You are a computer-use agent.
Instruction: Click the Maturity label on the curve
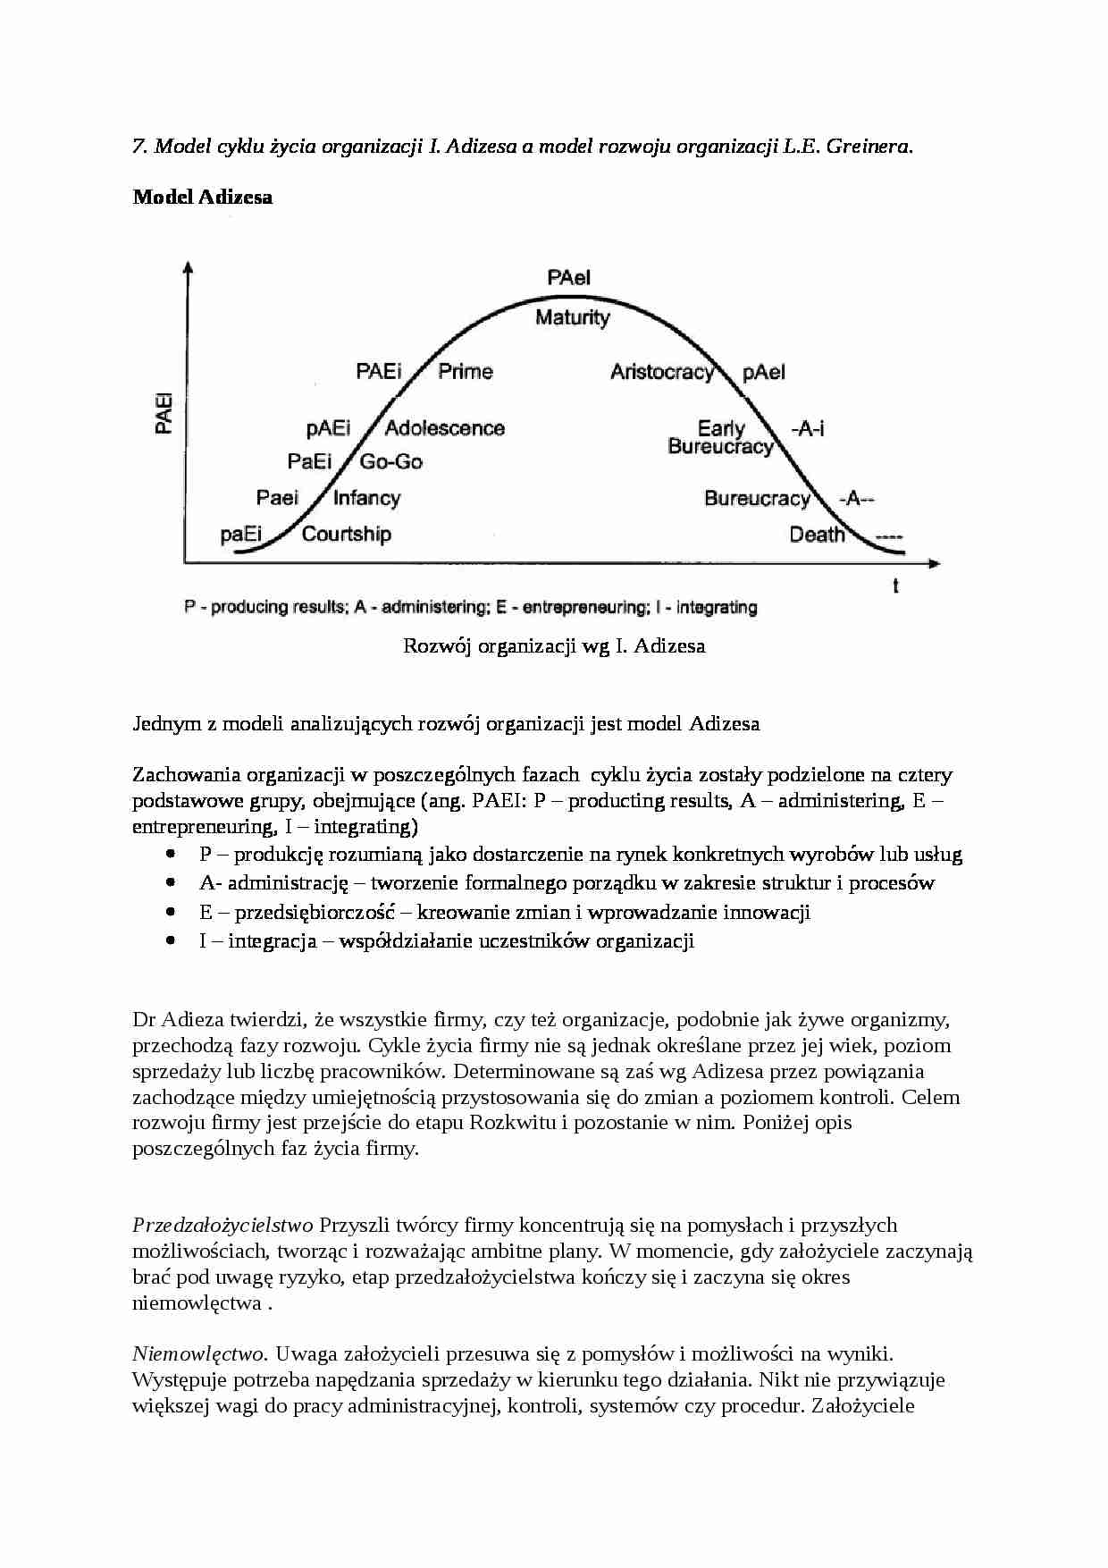[x=572, y=317]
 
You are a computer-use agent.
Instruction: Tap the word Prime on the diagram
[x=465, y=371]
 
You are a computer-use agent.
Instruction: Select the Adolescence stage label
[x=444, y=428]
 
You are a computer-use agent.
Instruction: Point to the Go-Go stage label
[x=390, y=461]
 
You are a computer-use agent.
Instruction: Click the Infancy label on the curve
[x=366, y=498]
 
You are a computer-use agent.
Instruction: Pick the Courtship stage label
[x=346, y=534]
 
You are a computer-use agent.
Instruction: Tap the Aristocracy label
[x=662, y=372]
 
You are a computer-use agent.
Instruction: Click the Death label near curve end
[x=817, y=535]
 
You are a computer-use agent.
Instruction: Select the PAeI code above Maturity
[x=569, y=278]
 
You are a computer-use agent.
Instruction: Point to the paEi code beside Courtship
[x=241, y=535]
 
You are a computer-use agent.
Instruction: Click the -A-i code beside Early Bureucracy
[x=807, y=429]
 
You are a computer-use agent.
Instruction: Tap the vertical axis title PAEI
[x=164, y=412]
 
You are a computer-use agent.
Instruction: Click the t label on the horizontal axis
[x=895, y=586]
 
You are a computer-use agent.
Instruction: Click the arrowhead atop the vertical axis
[x=187, y=266]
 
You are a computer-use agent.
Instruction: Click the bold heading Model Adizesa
[x=203, y=197]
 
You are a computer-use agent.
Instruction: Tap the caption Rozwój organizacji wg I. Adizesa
[x=554, y=645]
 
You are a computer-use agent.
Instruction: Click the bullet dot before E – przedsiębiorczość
[x=171, y=912]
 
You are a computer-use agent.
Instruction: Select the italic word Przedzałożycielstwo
[x=222, y=1225]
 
